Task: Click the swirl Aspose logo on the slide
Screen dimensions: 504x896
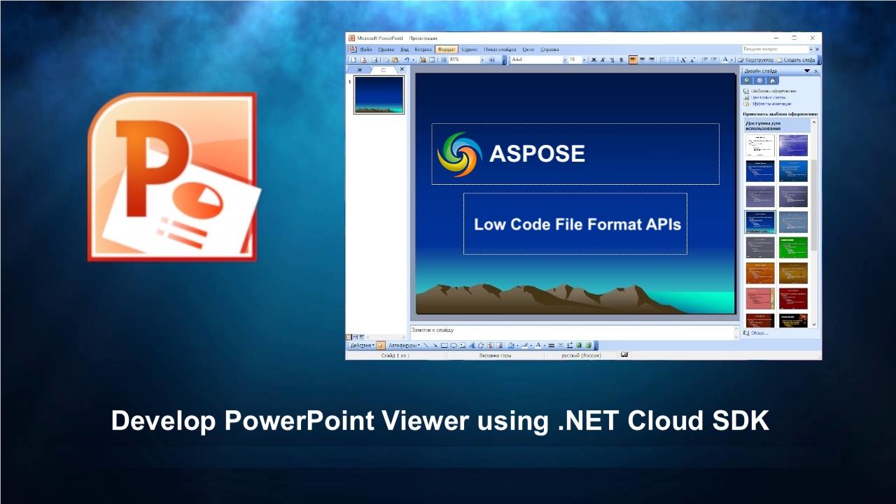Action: [x=459, y=154]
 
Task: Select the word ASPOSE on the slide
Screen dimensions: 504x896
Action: [x=537, y=154]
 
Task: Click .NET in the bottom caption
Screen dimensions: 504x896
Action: [x=589, y=421]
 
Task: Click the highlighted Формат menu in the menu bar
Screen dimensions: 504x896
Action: [x=446, y=50]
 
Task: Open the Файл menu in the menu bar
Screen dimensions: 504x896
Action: [x=365, y=50]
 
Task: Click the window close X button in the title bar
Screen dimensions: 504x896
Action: [x=812, y=38]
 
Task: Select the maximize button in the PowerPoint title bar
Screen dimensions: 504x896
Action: [x=794, y=38]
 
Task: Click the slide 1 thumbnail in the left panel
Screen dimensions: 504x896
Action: [x=379, y=94]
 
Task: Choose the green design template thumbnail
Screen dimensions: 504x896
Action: [x=793, y=247]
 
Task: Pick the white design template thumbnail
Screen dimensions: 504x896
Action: [x=759, y=146]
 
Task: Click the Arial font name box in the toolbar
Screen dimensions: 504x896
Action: [x=536, y=60]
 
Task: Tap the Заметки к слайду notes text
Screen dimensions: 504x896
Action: [x=433, y=330]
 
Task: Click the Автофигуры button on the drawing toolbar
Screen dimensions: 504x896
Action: [x=404, y=345]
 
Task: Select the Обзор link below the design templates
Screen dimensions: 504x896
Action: [x=759, y=333]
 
